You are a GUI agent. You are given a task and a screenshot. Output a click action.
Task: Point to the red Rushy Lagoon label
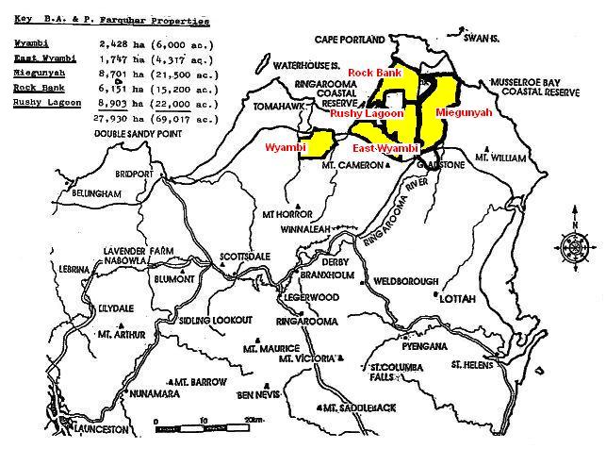[x=366, y=113]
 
